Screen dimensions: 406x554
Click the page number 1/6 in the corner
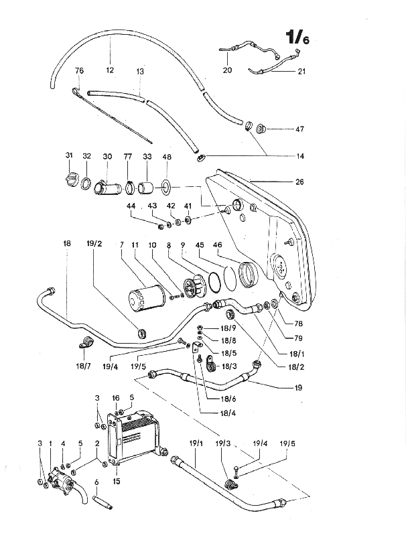tap(297, 37)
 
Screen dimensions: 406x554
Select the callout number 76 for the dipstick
tap(79, 70)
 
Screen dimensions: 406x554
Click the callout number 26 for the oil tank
tap(299, 182)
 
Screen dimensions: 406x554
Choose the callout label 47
tap(299, 129)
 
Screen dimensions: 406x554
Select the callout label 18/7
tap(83, 366)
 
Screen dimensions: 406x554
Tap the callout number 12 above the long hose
tap(110, 70)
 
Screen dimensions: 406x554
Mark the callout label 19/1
tap(196, 443)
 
